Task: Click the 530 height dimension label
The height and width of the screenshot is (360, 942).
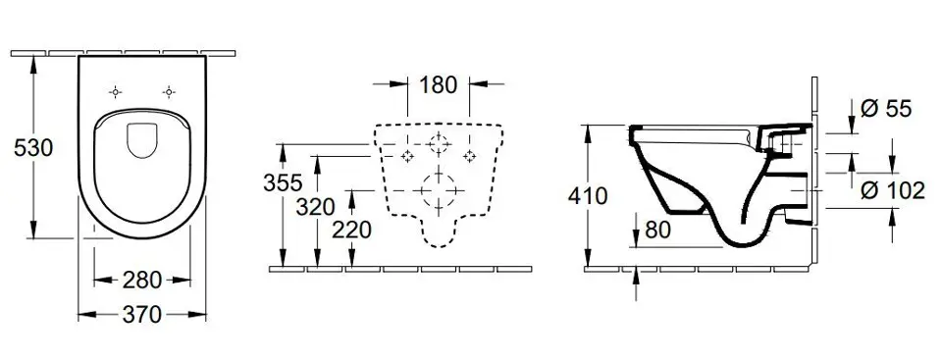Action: click(34, 148)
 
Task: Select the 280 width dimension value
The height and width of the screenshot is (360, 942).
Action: click(142, 280)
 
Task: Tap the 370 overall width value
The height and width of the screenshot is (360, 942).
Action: click(141, 314)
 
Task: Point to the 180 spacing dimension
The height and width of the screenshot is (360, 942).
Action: click(439, 84)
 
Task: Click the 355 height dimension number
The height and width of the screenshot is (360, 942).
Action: click(283, 182)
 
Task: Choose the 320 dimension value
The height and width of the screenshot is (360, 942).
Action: click(315, 207)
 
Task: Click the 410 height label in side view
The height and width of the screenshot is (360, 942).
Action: click(588, 196)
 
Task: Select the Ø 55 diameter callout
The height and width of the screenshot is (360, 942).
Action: click(886, 109)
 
